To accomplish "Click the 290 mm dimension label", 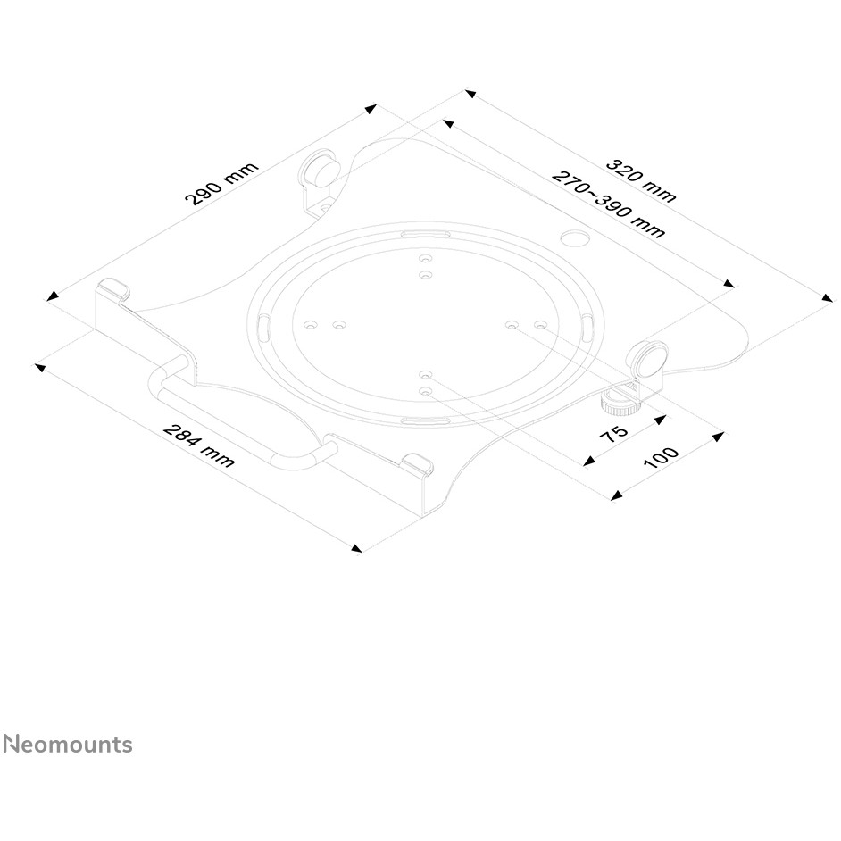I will point(221,184).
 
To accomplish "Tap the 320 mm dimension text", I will point(641,180).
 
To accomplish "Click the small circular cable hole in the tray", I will point(573,238).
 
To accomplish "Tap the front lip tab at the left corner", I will point(112,288).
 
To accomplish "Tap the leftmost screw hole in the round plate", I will point(310,325).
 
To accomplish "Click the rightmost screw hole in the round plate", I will point(540,326).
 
